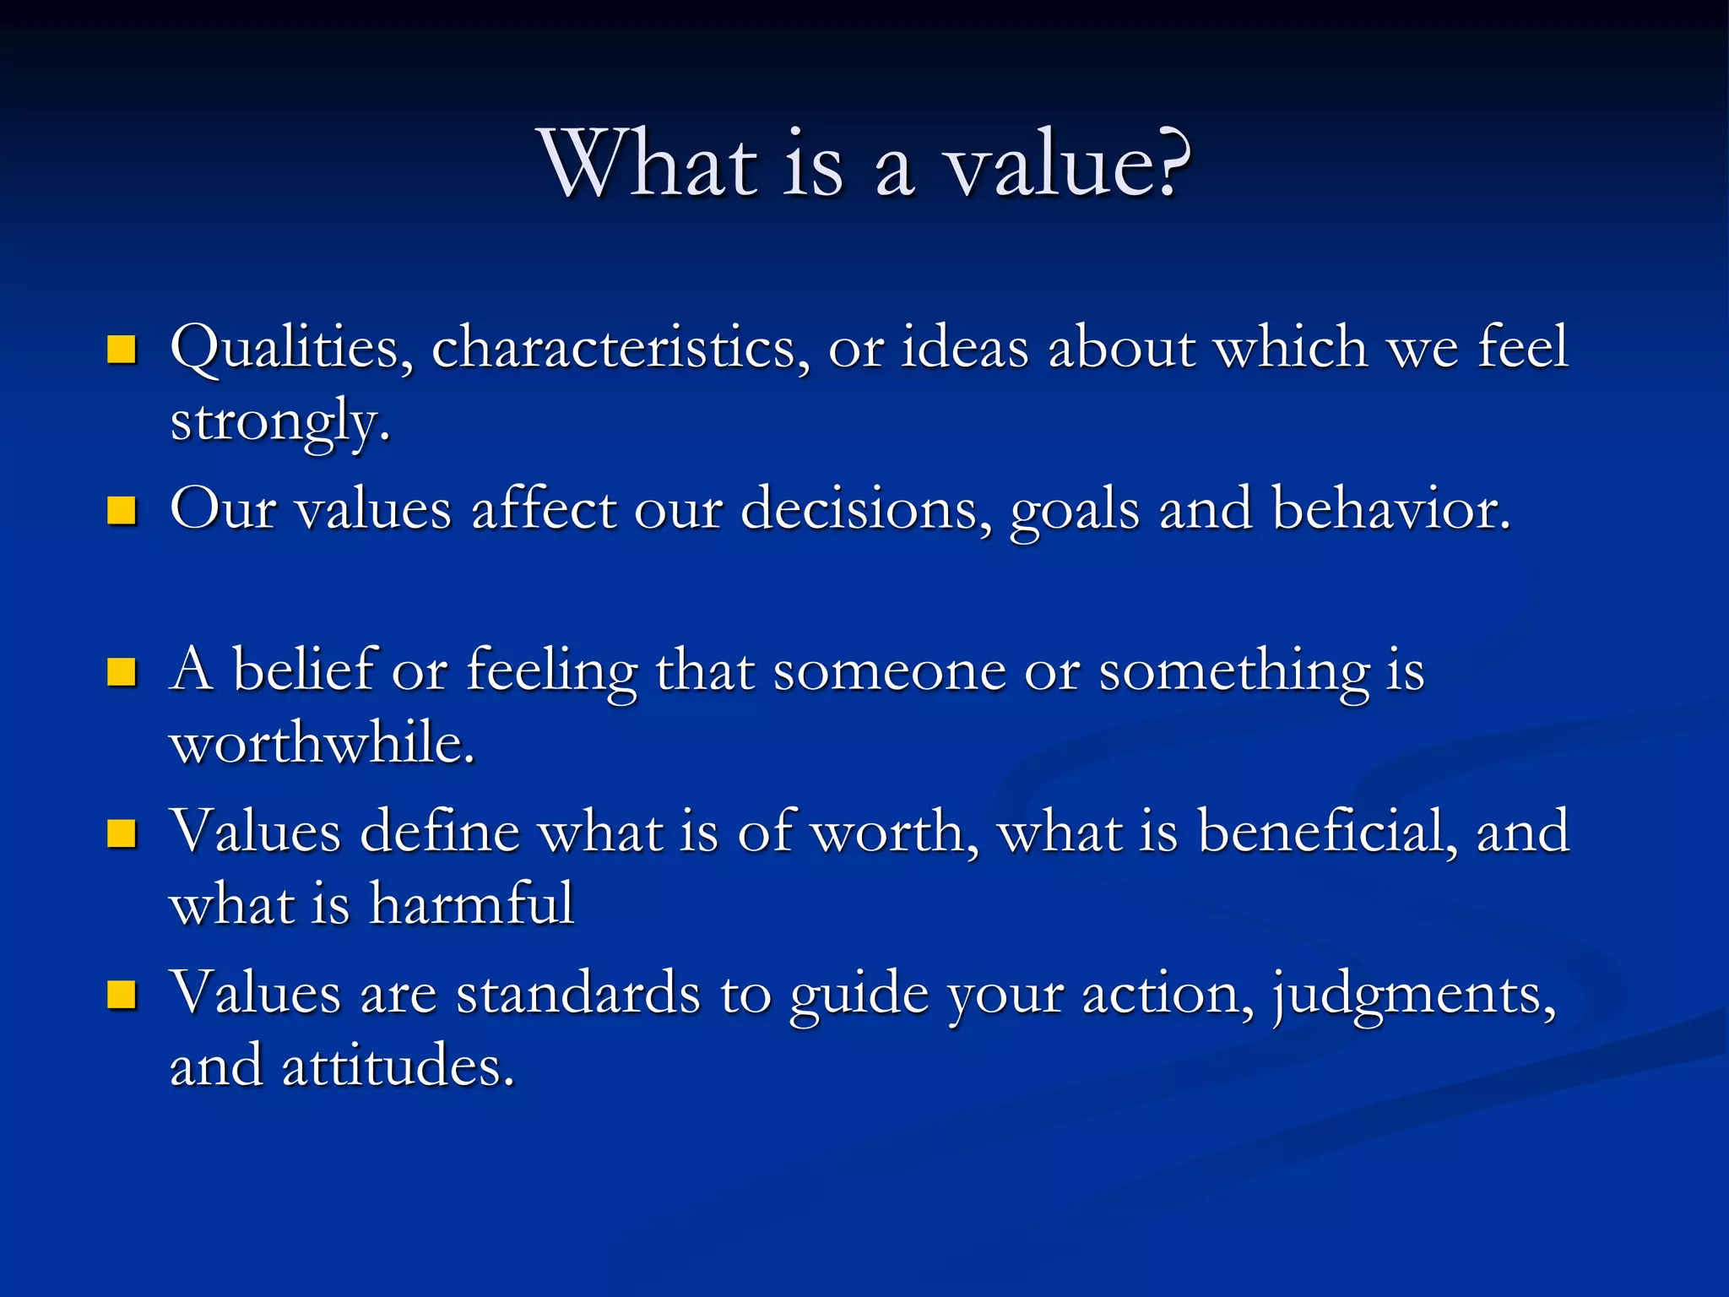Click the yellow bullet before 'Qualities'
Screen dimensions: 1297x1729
point(122,349)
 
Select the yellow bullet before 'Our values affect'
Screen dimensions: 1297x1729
point(122,511)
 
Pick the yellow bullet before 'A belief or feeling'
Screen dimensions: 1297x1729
point(122,672)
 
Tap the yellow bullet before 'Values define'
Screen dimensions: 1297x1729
point(122,833)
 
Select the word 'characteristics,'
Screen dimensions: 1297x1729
point(621,348)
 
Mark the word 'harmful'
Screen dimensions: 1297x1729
point(471,904)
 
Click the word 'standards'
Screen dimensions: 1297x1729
point(578,994)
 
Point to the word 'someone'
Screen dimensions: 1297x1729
point(890,673)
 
